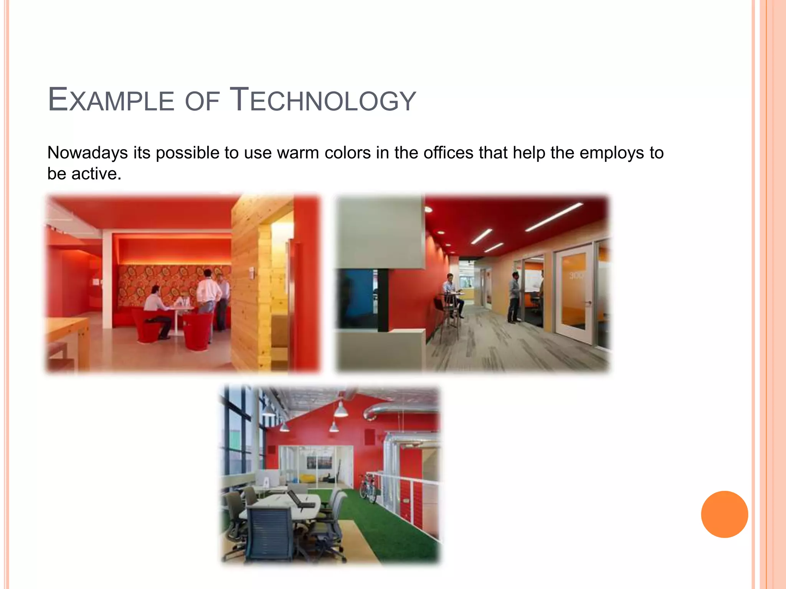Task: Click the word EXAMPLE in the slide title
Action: click(111, 100)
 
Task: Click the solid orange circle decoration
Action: click(724, 514)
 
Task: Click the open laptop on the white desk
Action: click(297, 499)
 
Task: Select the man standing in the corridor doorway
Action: click(514, 297)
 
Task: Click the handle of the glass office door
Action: click(588, 303)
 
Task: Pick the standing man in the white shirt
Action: click(208, 295)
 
